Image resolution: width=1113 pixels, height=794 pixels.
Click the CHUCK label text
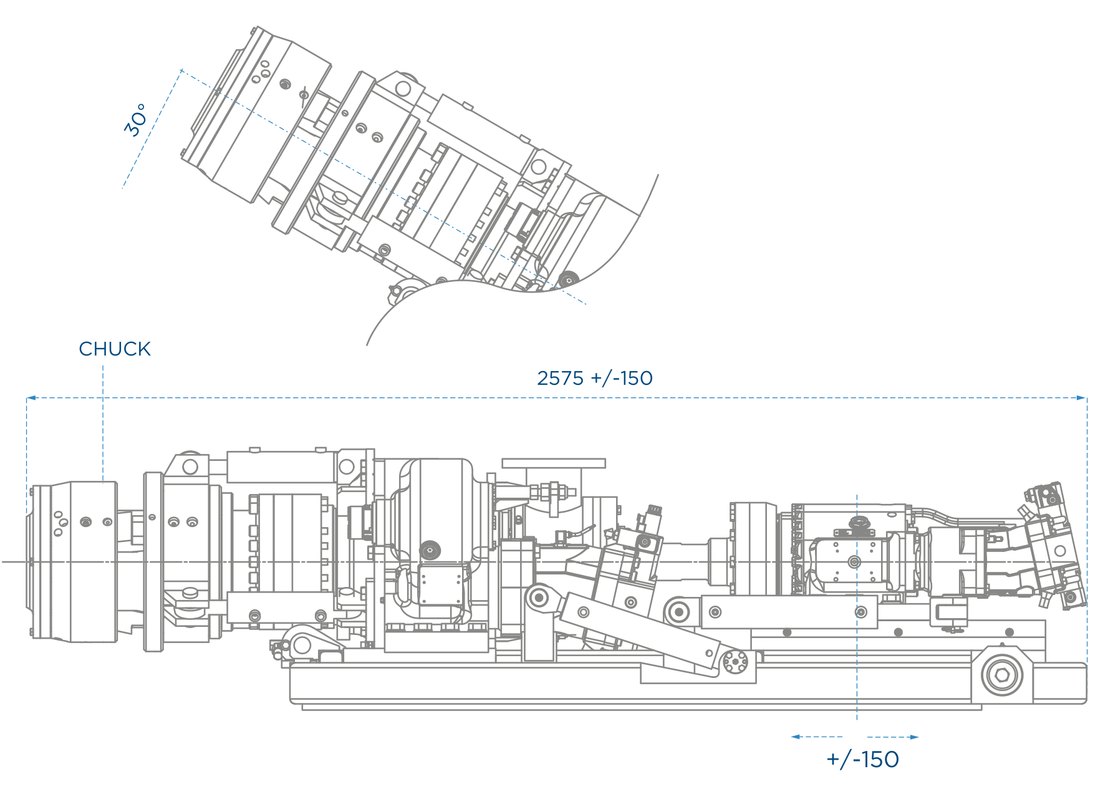click(x=115, y=349)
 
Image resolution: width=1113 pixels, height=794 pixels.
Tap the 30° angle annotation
click(x=136, y=120)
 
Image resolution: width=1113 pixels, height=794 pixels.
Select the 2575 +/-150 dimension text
click(x=595, y=378)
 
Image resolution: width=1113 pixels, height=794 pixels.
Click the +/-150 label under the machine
click(x=863, y=760)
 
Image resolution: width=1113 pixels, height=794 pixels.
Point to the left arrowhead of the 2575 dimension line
click(x=31, y=397)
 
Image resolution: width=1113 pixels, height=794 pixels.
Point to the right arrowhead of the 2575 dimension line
click(x=1082, y=397)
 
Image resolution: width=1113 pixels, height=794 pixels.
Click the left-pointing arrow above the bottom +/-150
click(x=817, y=737)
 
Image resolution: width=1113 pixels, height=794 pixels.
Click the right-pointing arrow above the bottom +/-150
click(x=893, y=737)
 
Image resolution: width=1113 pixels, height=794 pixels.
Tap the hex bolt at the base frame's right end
click(x=1002, y=675)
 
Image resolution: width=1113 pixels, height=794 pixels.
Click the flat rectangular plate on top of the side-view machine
click(x=554, y=463)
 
